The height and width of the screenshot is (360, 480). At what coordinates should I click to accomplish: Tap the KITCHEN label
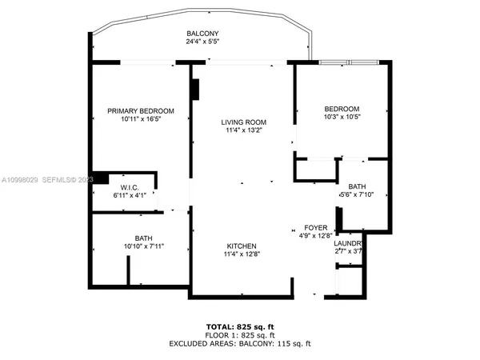[x=241, y=246]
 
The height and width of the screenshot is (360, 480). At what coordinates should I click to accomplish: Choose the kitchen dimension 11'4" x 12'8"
[x=241, y=254]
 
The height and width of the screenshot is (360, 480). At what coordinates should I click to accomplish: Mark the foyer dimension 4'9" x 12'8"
[x=313, y=235]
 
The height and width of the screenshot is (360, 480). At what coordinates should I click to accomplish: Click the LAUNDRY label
[x=350, y=243]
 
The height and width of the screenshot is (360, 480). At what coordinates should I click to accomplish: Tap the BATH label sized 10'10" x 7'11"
[x=143, y=238]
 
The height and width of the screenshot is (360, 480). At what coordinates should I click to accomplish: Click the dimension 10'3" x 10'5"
[x=342, y=118]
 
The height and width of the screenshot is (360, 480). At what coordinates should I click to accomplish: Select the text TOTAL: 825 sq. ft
[x=241, y=327]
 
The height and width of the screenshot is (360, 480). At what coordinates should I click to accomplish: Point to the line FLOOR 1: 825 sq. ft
[x=241, y=335]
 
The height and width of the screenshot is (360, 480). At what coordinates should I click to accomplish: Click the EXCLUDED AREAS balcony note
[x=241, y=343]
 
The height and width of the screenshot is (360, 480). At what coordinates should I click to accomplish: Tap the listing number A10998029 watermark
[x=22, y=180]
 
